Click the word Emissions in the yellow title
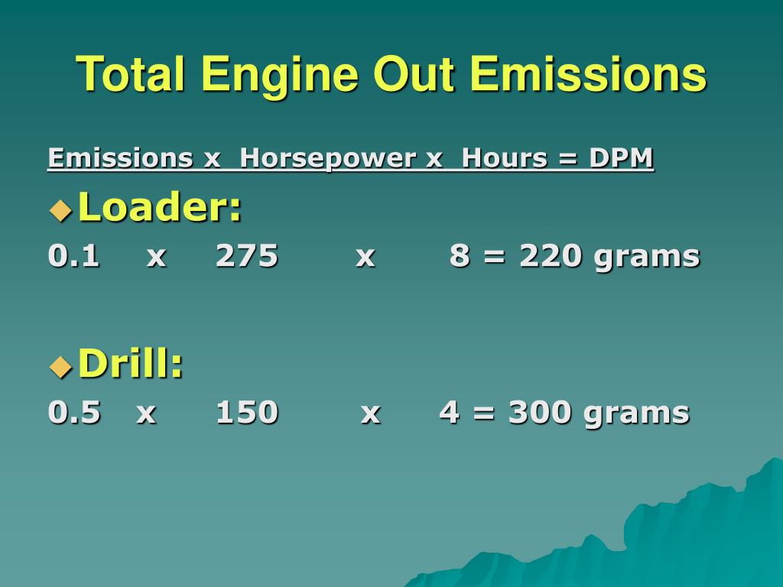pos(588,74)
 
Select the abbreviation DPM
pos(622,158)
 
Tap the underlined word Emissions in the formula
pos(120,158)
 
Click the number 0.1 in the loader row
pos(73,256)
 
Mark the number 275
pos(246,256)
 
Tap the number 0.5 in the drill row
pos(73,412)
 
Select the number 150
pos(246,412)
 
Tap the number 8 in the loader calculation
pos(460,256)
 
